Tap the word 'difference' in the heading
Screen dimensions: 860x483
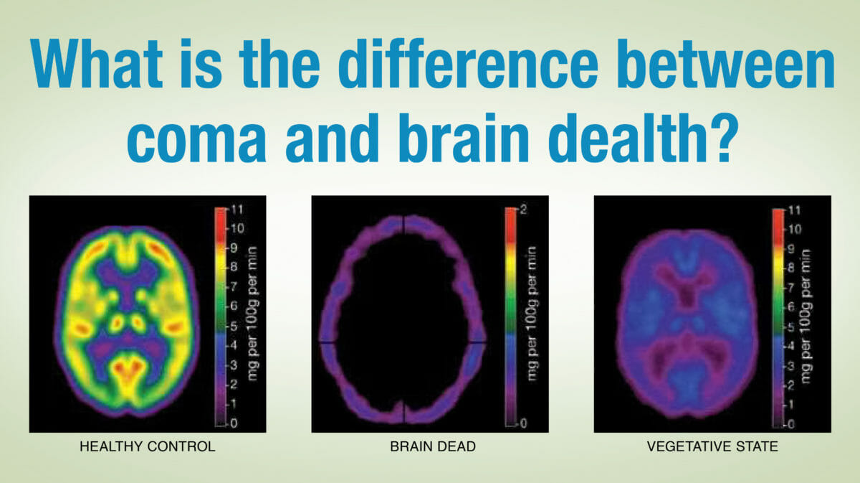(468, 63)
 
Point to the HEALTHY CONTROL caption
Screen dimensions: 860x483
(148, 446)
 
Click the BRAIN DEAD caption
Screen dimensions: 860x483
(433, 446)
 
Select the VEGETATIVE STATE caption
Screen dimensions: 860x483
(712, 446)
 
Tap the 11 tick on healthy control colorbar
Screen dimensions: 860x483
(236, 210)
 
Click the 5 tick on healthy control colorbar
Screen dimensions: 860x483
(234, 327)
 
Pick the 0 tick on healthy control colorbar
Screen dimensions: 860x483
(234, 423)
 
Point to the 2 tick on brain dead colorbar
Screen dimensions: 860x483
(524, 210)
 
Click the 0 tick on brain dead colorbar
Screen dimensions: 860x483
(523, 423)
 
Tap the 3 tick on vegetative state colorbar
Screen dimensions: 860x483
(791, 366)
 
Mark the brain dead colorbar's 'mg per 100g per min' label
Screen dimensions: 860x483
(532, 314)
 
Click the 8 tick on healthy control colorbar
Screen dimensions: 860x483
(234, 266)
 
